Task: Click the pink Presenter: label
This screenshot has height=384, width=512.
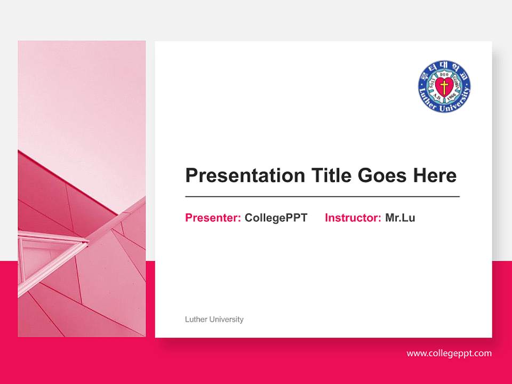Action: [x=213, y=218]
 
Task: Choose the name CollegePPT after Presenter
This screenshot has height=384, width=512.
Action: [x=276, y=218]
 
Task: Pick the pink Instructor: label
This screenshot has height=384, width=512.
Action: [x=353, y=218]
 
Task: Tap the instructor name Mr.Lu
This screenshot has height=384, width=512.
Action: [x=400, y=218]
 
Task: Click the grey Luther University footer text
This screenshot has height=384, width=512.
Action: [x=214, y=319]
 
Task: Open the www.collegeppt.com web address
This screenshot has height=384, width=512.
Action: [x=449, y=353]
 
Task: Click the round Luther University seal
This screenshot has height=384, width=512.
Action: [x=444, y=86]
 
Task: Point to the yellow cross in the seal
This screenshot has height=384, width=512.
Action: [x=444, y=86]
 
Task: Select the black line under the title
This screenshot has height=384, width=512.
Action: [x=322, y=197]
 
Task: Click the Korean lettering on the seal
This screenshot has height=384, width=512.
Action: [x=444, y=67]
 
